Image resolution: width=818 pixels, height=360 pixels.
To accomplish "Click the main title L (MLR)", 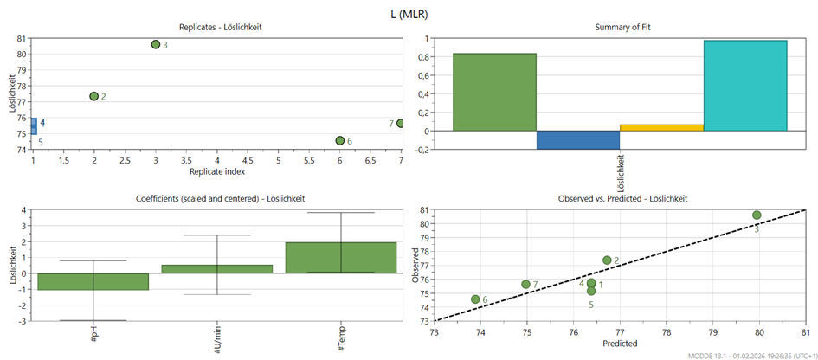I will click(409, 13).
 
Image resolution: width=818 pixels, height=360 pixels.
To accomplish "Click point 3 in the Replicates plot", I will click(156, 44).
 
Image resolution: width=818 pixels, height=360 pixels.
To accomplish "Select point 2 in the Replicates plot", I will click(93, 96).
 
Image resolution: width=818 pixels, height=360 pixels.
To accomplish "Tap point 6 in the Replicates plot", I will click(340, 141).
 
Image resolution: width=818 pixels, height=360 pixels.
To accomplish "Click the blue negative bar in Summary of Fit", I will click(577, 140).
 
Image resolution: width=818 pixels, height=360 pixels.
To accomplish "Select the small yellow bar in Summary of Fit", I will click(661, 128).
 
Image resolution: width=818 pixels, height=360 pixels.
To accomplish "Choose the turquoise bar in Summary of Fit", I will click(745, 86).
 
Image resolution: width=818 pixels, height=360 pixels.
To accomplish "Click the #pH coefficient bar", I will click(93, 281).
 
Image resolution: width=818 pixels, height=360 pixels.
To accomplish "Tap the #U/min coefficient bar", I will click(217, 269).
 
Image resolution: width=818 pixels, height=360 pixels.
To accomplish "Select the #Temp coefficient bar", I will click(341, 258).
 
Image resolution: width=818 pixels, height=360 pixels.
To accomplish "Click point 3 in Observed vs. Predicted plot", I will click(757, 215).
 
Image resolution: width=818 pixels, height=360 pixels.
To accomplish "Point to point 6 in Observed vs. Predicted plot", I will click(475, 299).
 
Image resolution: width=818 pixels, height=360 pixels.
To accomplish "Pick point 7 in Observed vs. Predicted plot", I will click(525, 284).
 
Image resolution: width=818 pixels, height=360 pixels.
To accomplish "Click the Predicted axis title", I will click(619, 344).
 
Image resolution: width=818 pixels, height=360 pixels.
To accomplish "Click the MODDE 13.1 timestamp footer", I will click(749, 355).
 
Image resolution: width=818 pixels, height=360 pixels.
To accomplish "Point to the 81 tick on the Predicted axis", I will click(805, 332).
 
